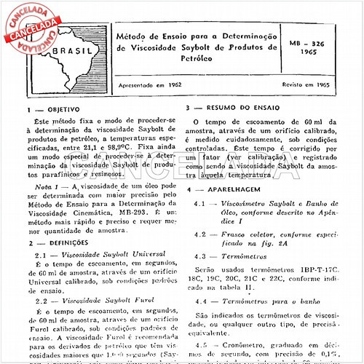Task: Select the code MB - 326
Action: (x=314, y=44)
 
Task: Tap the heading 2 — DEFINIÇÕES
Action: (x=55, y=242)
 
